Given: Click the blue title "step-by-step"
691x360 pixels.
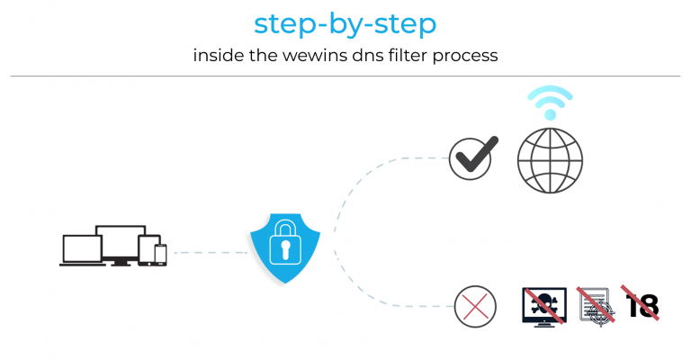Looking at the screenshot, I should click(x=345, y=24).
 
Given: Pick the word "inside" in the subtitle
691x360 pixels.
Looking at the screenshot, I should click(x=218, y=56).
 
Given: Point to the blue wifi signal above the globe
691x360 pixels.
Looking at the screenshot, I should click(x=550, y=102).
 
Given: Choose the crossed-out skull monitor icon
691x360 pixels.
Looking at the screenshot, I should click(x=544, y=305).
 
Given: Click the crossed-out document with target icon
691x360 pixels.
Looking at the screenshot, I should click(x=595, y=305).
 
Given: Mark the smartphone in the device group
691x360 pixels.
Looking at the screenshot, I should click(x=160, y=255).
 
